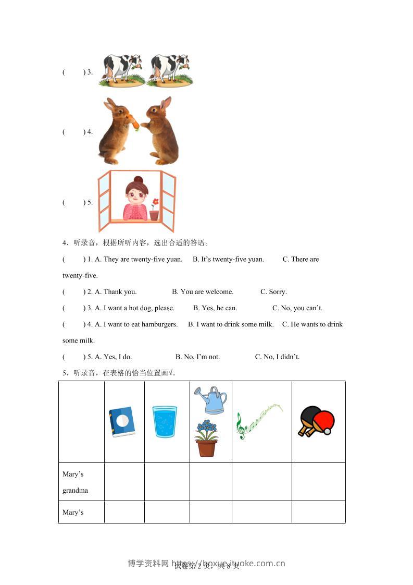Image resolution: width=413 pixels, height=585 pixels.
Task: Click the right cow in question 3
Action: click(x=170, y=69)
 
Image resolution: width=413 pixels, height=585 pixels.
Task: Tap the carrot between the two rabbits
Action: click(x=134, y=122)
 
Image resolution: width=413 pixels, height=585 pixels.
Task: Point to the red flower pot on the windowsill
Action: click(x=154, y=214)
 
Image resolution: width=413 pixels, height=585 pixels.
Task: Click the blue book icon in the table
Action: click(x=122, y=421)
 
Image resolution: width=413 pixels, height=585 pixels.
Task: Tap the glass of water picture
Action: click(x=165, y=421)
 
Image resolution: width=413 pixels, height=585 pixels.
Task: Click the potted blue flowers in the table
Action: click(x=207, y=438)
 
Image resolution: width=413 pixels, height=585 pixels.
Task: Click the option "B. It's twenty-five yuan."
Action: click(x=228, y=259)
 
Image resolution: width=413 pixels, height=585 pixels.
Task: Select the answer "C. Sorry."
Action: click(x=273, y=291)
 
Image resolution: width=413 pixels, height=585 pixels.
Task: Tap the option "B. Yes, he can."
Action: click(x=215, y=308)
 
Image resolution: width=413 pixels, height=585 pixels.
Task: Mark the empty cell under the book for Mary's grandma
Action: click(x=124, y=482)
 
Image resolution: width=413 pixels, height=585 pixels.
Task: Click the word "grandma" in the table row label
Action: click(x=75, y=490)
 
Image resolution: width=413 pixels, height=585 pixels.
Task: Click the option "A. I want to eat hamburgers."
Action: click(x=136, y=324)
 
